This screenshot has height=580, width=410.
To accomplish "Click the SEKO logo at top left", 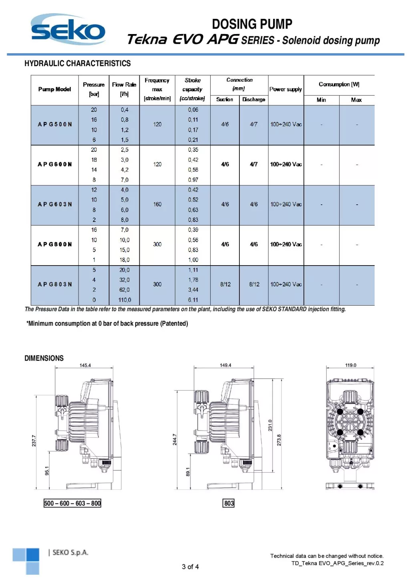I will (x=68, y=30).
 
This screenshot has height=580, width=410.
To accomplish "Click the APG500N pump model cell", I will (x=55, y=125).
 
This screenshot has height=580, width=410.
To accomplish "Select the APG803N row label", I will (x=55, y=284).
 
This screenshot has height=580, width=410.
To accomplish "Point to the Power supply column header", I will (x=285, y=89).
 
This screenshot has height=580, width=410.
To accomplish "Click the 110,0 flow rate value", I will (x=125, y=300).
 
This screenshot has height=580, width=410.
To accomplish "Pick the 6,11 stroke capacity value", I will (x=193, y=300).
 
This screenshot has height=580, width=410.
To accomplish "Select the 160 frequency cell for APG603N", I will (x=157, y=204).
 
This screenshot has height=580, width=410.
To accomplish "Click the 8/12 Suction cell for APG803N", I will (x=225, y=284).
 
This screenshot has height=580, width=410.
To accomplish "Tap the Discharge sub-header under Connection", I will (x=253, y=99).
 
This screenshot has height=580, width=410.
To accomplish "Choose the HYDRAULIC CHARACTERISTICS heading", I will (x=78, y=63).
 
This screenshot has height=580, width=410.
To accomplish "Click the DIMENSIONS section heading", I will (x=44, y=358).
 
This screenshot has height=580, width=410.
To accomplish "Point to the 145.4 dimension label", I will (x=85, y=365).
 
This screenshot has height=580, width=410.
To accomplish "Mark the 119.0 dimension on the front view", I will (x=351, y=365).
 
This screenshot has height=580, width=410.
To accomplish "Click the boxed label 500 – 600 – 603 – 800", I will (x=72, y=503).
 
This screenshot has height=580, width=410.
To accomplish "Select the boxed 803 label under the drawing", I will (x=229, y=503).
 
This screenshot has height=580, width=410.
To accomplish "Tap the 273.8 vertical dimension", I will (x=279, y=440).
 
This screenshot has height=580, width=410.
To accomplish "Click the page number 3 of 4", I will (x=190, y=567).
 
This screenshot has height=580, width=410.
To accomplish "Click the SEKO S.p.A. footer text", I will (x=68, y=553).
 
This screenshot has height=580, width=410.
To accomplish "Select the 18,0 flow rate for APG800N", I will (x=125, y=260).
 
